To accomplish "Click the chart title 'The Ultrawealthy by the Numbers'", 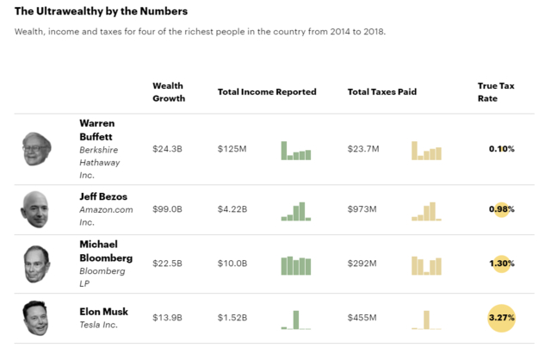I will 101,12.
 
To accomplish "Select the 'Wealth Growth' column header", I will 168,92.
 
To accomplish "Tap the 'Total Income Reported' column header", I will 267,92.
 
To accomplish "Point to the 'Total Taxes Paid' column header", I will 382,92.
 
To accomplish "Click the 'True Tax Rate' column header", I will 496,92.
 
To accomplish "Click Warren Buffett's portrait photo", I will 37,149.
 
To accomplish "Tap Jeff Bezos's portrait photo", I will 35,209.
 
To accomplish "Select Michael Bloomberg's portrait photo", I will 36,264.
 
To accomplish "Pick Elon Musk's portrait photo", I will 35,318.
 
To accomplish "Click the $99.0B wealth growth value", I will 167,209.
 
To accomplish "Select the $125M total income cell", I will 232,149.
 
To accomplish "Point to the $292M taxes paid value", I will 362,264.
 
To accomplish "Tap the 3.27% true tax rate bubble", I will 501,318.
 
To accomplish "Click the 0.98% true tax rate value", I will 501,209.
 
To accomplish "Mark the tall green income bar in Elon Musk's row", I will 295,320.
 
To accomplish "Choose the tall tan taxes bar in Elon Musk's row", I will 426,320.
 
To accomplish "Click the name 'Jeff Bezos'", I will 103,196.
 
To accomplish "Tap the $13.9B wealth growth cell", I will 167,318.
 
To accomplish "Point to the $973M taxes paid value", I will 362,209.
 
